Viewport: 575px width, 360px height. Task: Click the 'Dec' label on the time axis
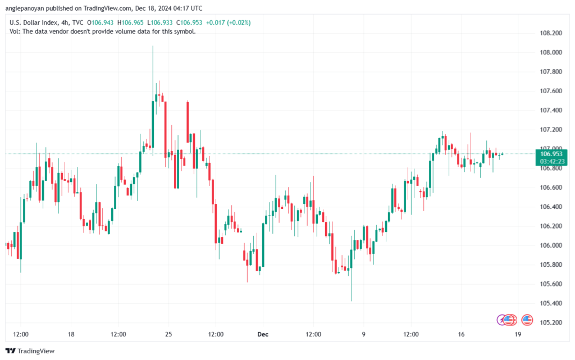pos(263,335)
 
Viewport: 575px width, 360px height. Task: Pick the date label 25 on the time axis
pos(168,335)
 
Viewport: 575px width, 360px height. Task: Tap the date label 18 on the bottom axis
pos(71,335)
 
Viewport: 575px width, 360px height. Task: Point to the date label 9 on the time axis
pos(364,335)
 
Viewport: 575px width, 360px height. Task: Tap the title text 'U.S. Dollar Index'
pos(33,22)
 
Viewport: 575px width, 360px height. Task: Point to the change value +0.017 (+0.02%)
pos(229,22)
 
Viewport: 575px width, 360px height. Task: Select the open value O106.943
pos(99,22)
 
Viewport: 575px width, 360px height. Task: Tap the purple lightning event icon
pos(502,320)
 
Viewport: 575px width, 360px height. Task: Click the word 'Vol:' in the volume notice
pos(15,31)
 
